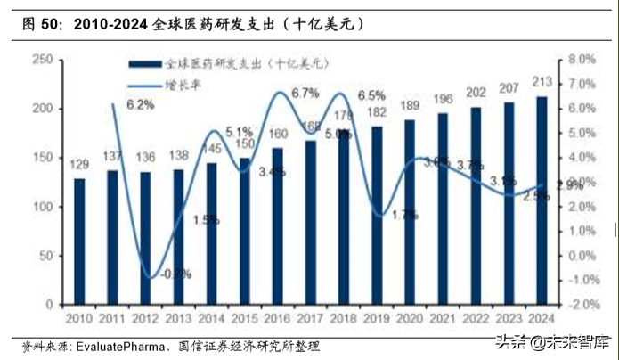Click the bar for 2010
click(79, 241)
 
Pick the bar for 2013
click(178, 236)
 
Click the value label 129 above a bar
click(79, 166)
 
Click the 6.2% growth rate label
click(140, 104)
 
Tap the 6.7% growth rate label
click(305, 93)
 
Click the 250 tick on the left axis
click(41, 59)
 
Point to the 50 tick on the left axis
click(45, 255)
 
